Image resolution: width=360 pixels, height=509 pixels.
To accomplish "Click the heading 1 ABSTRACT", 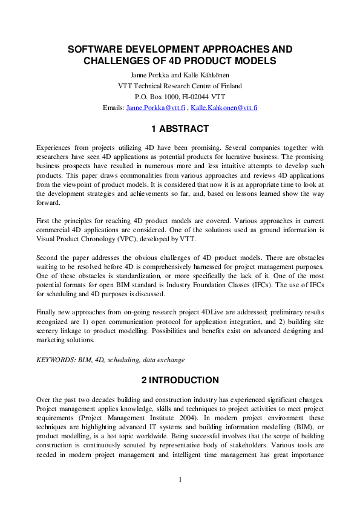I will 180,129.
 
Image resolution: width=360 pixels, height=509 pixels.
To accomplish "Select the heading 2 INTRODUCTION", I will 180,380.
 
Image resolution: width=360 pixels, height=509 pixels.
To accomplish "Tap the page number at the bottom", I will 180,480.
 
